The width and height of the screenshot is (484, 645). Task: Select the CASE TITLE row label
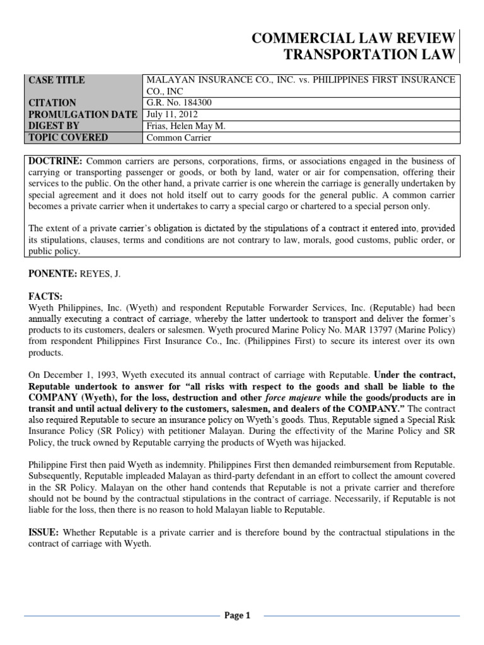57,80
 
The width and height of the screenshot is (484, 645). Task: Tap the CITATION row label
52,103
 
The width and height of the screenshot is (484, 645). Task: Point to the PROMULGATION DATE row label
83,114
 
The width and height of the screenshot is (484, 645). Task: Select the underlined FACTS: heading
46,296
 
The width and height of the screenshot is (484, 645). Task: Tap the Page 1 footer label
238,616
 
